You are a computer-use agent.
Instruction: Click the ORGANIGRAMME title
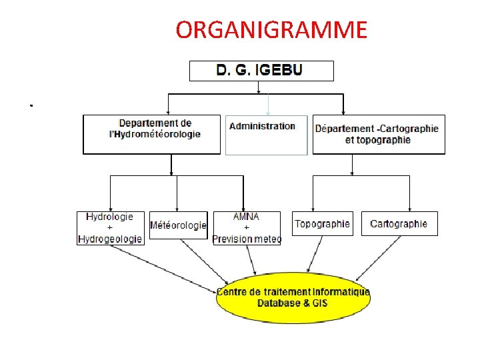click(271, 30)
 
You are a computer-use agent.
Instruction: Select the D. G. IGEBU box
click(261, 71)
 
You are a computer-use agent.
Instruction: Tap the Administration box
click(266, 135)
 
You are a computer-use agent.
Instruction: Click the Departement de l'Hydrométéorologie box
click(151, 135)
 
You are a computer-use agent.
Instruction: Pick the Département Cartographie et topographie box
click(378, 135)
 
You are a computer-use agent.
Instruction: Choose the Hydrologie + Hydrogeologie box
click(111, 228)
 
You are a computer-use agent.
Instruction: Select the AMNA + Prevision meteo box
click(247, 228)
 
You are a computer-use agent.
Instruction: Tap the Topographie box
click(322, 223)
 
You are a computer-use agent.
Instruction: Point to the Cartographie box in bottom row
click(399, 223)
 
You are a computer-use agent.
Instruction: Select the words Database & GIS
click(293, 303)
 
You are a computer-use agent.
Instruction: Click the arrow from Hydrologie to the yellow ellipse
click(167, 264)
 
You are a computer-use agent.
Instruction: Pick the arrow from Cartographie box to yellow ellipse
click(380, 257)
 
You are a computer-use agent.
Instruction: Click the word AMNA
click(246, 217)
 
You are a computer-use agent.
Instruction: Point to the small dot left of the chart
click(31, 105)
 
